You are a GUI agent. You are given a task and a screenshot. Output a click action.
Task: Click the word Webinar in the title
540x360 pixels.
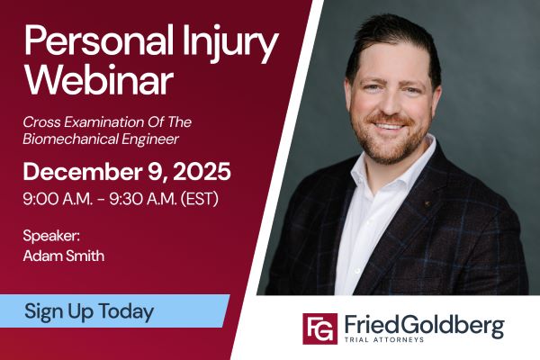click(x=99, y=80)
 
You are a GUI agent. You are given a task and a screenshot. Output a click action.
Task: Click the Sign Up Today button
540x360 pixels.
click(x=89, y=311)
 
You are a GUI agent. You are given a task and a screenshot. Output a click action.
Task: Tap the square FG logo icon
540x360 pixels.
click(x=319, y=328)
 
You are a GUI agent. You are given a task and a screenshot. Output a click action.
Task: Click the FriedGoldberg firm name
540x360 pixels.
click(x=422, y=324)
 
